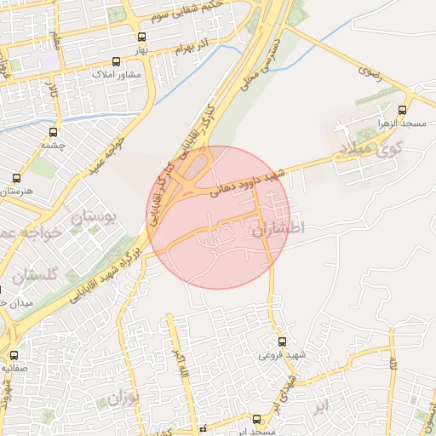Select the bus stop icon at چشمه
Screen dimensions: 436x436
coord(54,132)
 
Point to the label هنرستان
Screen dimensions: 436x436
coord(17,191)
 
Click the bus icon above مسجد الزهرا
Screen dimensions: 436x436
coord(403,109)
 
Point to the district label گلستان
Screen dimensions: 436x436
coord(36,275)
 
